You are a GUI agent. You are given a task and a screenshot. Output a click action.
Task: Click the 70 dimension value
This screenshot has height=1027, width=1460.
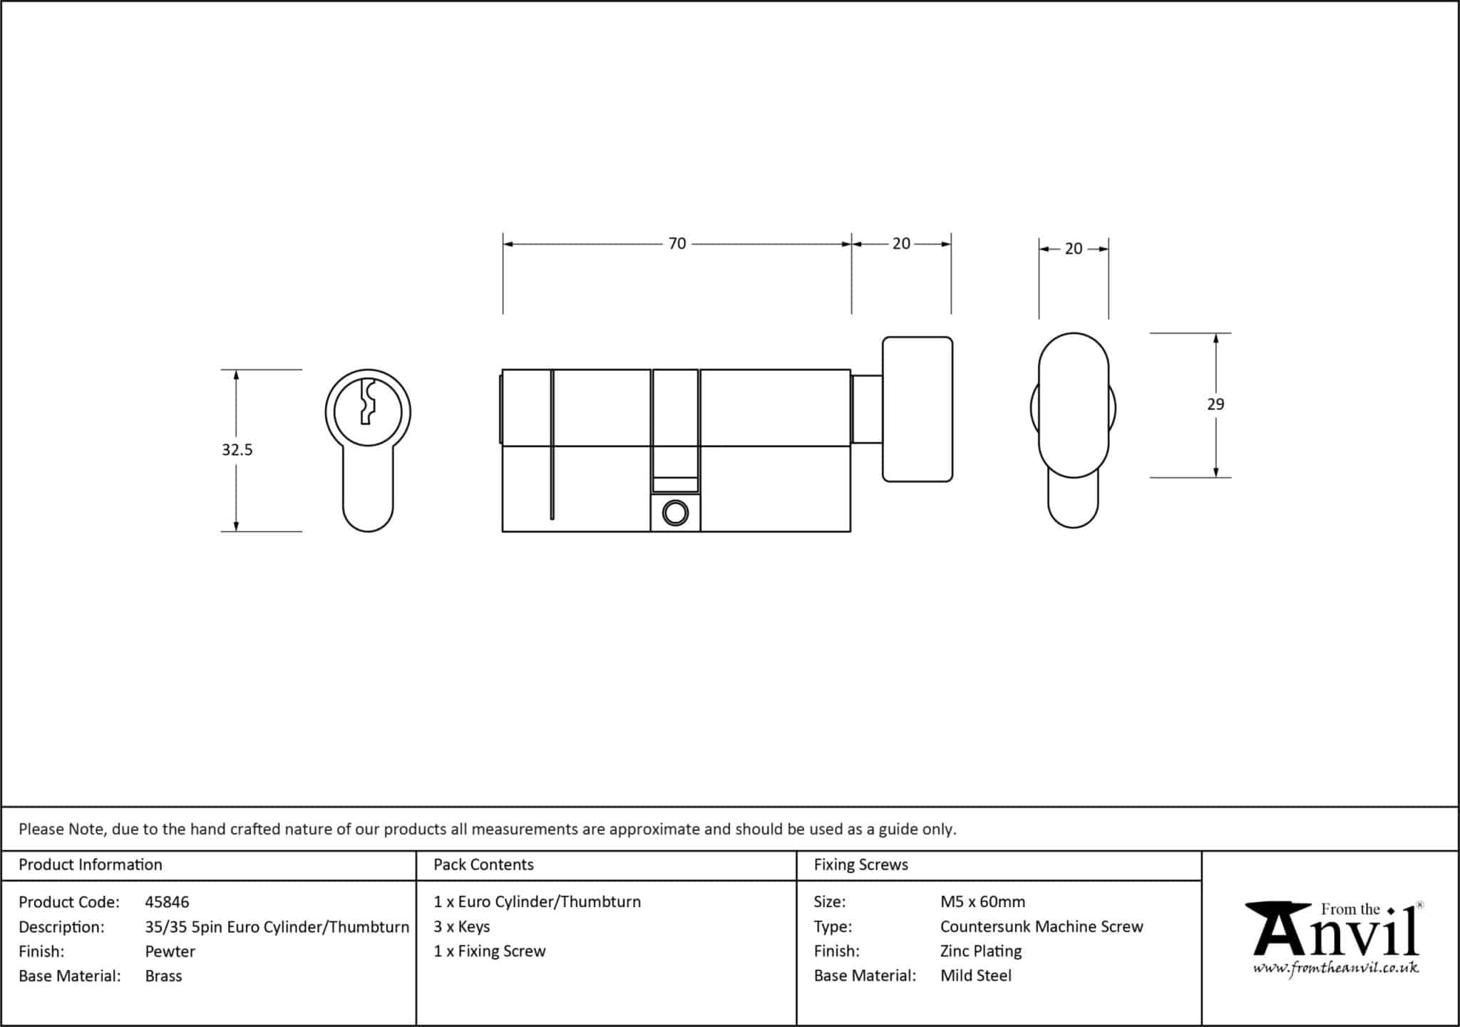coord(677,244)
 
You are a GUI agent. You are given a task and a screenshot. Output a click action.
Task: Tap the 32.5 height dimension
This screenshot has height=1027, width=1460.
coord(237,449)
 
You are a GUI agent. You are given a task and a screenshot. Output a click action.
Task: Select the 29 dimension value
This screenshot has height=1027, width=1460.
coord(1215,404)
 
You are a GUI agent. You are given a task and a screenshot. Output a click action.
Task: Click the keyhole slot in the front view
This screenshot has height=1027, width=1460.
coord(368,402)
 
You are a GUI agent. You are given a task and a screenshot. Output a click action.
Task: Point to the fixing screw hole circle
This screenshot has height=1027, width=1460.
coord(675,513)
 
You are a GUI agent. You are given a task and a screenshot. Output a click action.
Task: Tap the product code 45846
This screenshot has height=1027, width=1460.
coord(167,902)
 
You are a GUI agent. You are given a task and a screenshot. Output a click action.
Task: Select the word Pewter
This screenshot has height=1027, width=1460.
coord(170,951)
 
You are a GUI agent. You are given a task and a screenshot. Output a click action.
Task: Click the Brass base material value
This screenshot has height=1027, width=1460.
coord(163,976)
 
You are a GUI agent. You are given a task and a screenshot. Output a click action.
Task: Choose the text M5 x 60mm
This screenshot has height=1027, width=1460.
coord(982,901)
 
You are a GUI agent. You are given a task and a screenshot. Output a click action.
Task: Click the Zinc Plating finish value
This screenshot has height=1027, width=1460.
coord(981,951)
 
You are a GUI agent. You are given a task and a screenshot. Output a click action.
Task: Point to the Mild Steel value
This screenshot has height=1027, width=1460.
coord(976,976)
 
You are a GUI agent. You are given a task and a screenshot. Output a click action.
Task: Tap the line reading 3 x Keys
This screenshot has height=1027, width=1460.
coord(462,926)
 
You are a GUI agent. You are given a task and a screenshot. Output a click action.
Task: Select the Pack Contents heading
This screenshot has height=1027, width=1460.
coord(483,864)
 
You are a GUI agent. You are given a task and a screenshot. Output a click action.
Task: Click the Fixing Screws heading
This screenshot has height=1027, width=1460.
coord(861,864)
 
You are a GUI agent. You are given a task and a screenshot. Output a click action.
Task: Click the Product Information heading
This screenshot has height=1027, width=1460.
coord(91,864)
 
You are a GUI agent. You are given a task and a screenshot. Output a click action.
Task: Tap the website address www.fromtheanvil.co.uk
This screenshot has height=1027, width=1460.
coord(1336,968)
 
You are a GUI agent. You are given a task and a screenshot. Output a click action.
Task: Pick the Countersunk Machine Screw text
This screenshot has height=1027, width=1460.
coord(1042,926)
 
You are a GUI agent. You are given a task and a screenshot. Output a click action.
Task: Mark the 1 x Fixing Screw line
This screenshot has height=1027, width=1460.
coord(490,951)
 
